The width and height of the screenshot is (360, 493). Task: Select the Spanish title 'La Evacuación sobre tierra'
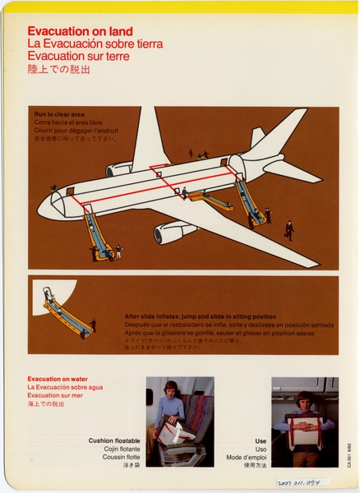[95, 44]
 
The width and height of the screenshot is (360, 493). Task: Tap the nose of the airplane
[43, 207]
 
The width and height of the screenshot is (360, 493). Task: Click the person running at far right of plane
[289, 230]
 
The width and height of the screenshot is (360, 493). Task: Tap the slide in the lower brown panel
[66, 314]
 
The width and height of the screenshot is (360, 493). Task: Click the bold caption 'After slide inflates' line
[201, 316]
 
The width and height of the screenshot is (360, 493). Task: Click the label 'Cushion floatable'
[114, 441]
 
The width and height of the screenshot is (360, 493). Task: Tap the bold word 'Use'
[261, 441]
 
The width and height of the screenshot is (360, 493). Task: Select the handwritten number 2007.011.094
[302, 482]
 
